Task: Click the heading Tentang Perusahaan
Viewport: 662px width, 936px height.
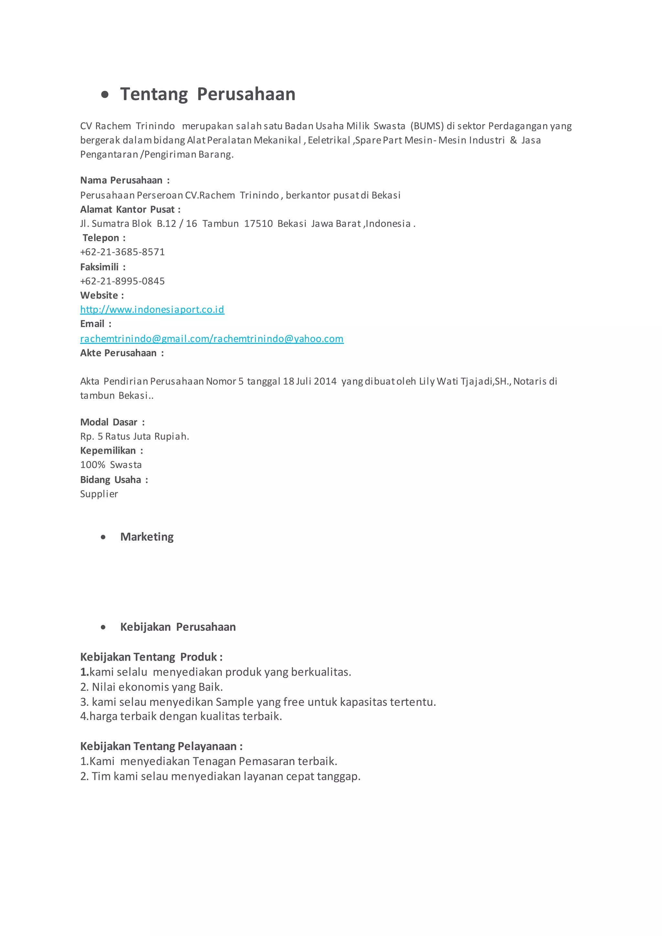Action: [208, 94]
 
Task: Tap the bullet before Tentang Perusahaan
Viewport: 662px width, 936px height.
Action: [105, 95]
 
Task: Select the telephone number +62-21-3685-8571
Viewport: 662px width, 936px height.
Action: [122, 252]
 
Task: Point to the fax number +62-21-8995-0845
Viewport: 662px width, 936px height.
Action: [122, 281]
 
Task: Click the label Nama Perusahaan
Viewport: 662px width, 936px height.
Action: [121, 180]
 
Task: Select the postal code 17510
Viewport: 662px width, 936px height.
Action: [258, 223]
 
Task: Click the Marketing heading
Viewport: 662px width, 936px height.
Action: [147, 537]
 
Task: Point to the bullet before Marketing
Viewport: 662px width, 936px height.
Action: [103, 537]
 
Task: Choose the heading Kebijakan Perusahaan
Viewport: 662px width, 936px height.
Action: [178, 627]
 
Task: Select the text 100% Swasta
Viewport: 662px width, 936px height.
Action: [111, 465]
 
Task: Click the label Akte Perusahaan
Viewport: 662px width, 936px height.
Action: [118, 353]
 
